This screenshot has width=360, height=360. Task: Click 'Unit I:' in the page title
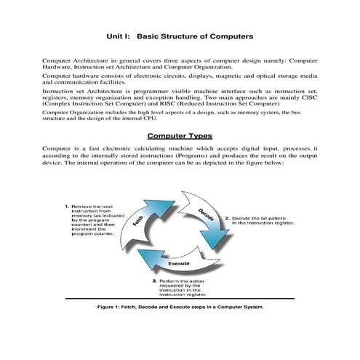click(119, 34)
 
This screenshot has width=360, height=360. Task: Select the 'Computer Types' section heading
click(180, 136)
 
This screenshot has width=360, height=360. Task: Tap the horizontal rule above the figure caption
click(180, 299)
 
